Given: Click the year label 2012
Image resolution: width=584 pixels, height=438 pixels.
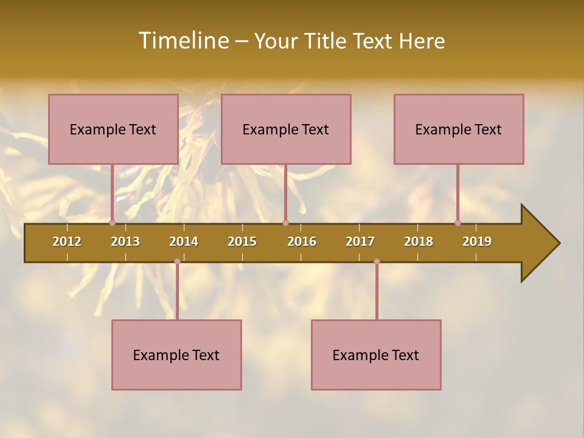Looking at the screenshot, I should (x=67, y=242).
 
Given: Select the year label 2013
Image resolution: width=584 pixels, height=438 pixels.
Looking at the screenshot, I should (x=125, y=242).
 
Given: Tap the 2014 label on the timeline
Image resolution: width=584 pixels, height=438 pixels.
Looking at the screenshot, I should (x=184, y=242).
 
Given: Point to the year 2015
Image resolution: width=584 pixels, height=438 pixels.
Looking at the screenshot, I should (x=242, y=242).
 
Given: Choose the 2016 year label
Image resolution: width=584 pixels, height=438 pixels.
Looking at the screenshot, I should (x=302, y=242).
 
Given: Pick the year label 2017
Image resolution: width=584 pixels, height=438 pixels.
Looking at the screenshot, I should (x=360, y=242).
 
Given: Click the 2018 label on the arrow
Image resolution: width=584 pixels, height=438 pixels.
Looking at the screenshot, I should (x=419, y=242).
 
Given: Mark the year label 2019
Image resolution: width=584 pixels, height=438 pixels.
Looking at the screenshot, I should (x=477, y=242).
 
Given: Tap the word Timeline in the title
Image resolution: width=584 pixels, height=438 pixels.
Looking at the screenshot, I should (x=183, y=41).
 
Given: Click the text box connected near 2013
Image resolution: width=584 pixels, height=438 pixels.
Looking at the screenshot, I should (x=113, y=129).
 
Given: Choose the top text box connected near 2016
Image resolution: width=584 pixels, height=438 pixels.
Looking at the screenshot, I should (x=286, y=129).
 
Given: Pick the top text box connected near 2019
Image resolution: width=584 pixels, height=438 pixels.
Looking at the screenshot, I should (x=459, y=129).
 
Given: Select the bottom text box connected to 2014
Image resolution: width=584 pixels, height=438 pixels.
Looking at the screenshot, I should (x=176, y=355).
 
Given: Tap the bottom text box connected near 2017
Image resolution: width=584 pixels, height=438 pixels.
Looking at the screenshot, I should (x=376, y=355).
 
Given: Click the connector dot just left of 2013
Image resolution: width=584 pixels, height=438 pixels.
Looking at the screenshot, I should (x=112, y=223).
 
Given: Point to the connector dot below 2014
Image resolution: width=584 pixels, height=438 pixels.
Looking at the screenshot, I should (x=177, y=262).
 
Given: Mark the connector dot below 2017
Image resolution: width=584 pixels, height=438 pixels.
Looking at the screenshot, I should (x=377, y=262).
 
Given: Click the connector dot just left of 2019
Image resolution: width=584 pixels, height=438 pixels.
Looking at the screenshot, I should (x=457, y=223).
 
